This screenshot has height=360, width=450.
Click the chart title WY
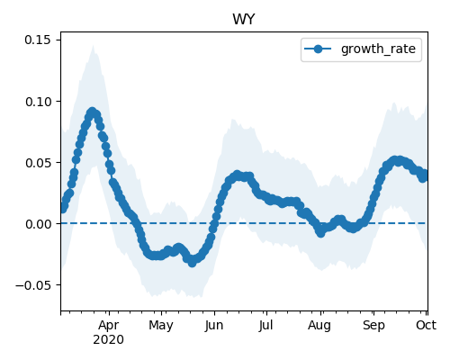[244, 20]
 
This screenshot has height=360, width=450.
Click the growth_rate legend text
[378, 49]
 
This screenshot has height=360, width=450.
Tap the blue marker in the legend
[318, 49]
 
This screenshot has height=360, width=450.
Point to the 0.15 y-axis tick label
[38, 40]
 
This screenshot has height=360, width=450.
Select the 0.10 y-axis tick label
[38, 102]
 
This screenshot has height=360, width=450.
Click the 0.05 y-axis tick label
[38, 163]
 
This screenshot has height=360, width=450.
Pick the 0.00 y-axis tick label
[38, 224]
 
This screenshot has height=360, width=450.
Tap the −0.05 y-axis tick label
[33, 285]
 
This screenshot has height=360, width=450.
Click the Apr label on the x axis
[109, 325]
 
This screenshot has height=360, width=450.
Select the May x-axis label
[161, 325]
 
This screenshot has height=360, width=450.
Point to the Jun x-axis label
[214, 325]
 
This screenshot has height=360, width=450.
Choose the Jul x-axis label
[266, 325]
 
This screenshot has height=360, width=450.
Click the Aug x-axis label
[319, 325]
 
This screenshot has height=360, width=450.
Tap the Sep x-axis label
[373, 325]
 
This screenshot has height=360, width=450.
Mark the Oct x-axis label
[426, 325]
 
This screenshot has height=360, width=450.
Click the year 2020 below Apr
[108, 340]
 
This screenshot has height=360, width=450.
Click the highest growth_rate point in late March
[93, 112]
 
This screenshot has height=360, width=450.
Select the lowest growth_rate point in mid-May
[192, 263]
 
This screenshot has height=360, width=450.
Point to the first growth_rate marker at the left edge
[63, 209]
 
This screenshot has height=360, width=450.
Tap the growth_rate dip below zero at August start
[321, 232]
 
